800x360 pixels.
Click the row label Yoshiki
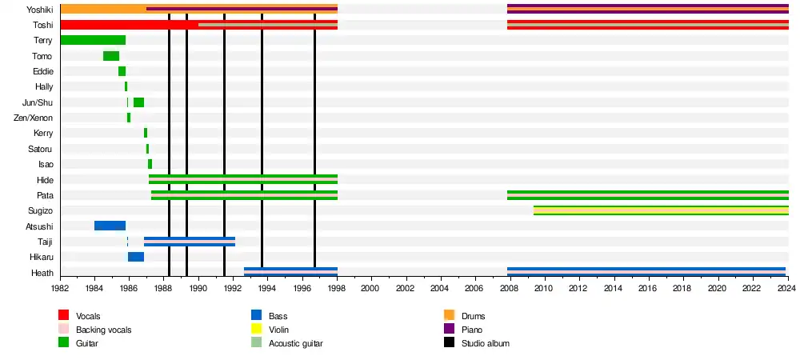pos(39,10)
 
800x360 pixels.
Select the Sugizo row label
pos(40,210)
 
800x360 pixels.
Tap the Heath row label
pos(42,273)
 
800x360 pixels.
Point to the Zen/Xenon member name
pos(34,118)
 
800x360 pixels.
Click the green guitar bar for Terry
pos(93,40)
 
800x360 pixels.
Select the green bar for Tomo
pos(111,56)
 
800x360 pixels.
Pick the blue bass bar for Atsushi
pos(110,226)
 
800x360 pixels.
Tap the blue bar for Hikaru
pos(136,257)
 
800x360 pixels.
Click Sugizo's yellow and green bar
pos(661,210)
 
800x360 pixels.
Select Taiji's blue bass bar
pos(190,242)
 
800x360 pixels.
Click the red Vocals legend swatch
pos(64,315)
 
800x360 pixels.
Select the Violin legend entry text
pos(279,330)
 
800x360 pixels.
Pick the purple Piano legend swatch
pos(449,329)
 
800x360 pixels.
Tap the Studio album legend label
pos(486,343)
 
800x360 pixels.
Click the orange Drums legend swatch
pos(449,315)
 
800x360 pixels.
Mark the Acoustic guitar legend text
pos(297,343)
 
